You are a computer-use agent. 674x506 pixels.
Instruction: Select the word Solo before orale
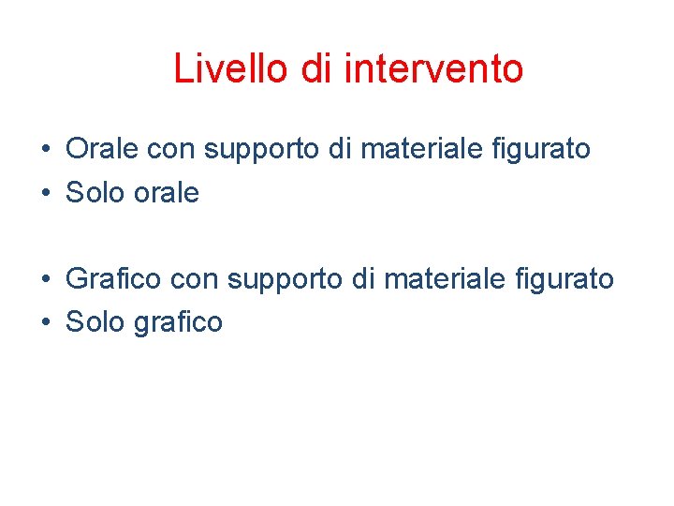click(x=93, y=193)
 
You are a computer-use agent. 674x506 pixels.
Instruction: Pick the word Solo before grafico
click(x=93, y=322)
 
